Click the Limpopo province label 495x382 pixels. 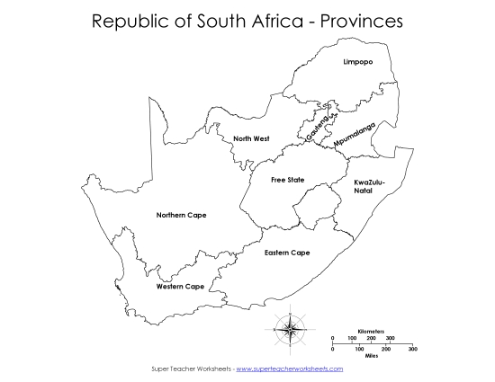[x=358, y=62]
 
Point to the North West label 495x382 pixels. [x=251, y=138]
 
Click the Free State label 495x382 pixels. [x=288, y=180]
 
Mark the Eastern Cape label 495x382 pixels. [x=287, y=253]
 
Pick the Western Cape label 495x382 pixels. [x=179, y=287]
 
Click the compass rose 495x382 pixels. [x=288, y=329]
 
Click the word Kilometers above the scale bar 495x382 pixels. [x=371, y=332]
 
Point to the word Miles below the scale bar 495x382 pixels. [x=371, y=355]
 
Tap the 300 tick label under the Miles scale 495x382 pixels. [x=412, y=348]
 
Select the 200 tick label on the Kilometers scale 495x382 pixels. [x=372, y=338]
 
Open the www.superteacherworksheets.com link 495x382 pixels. [x=289, y=369]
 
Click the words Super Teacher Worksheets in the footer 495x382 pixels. [x=188, y=369]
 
